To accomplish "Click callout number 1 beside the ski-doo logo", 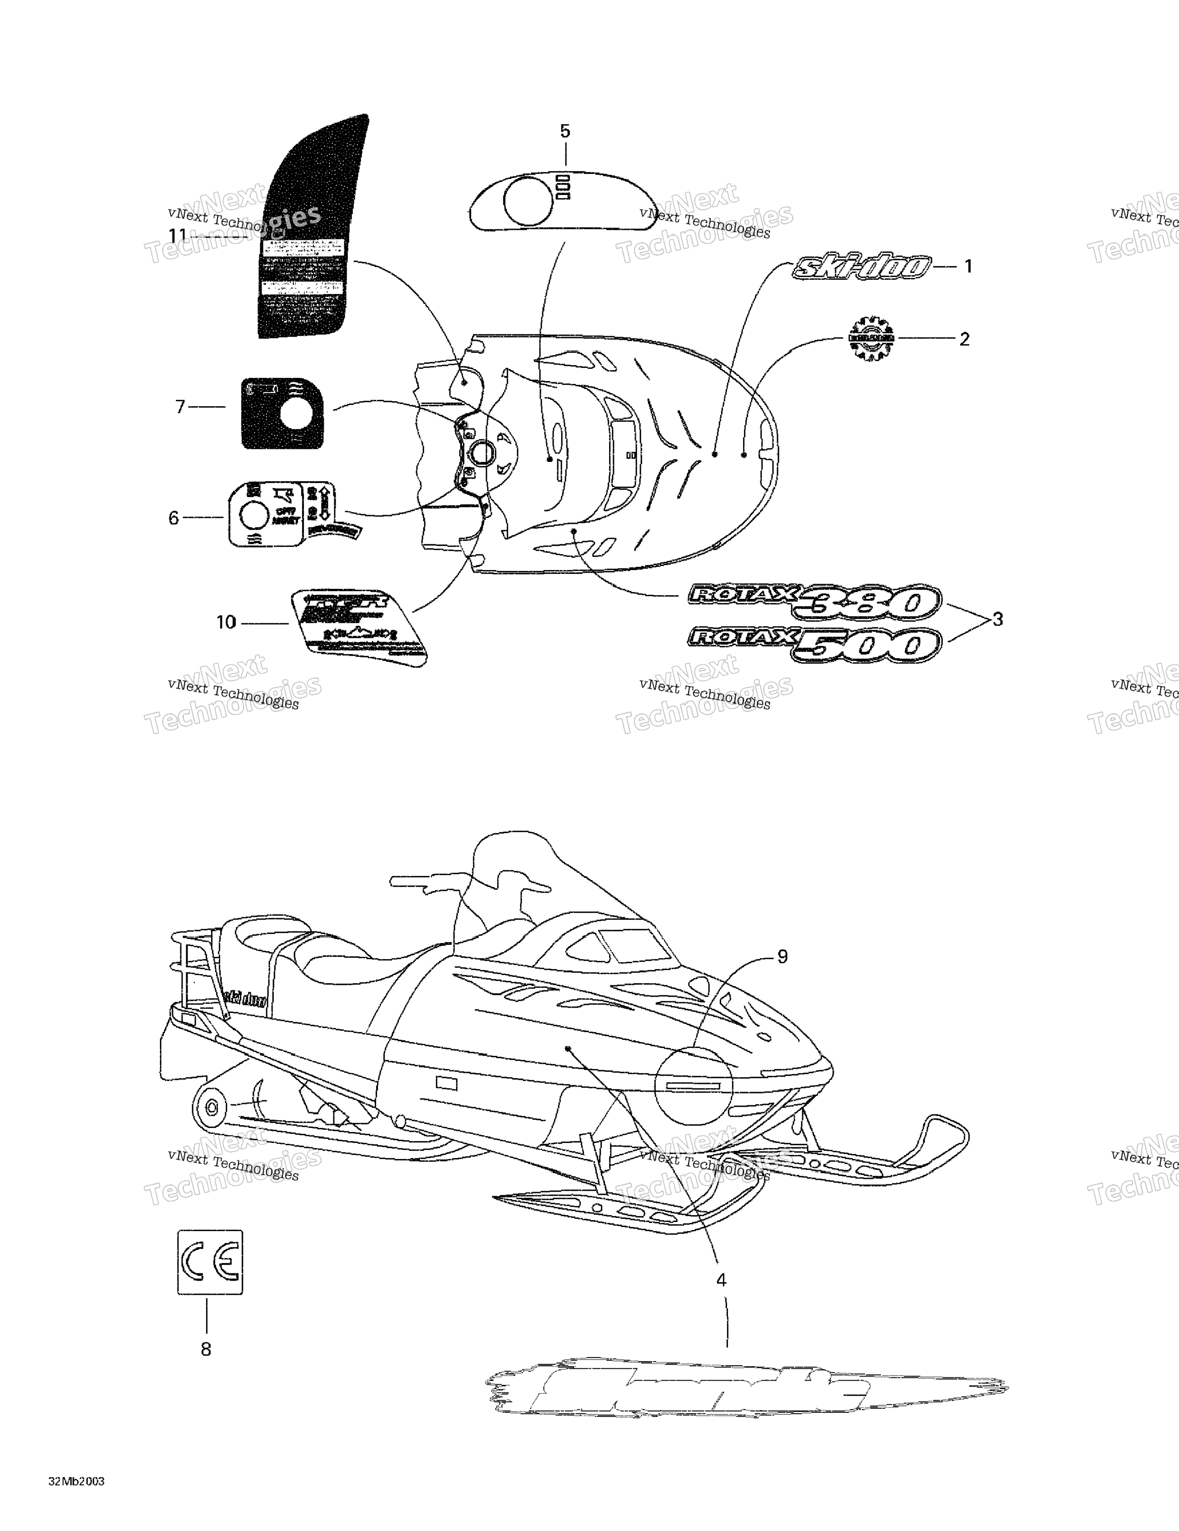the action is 968,266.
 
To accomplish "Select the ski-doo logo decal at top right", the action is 862,267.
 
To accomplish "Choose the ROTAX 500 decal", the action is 813,644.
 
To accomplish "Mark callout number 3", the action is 997,620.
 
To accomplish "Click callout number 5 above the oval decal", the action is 565,131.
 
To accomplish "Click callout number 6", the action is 174,518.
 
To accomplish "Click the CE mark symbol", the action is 210,1262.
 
